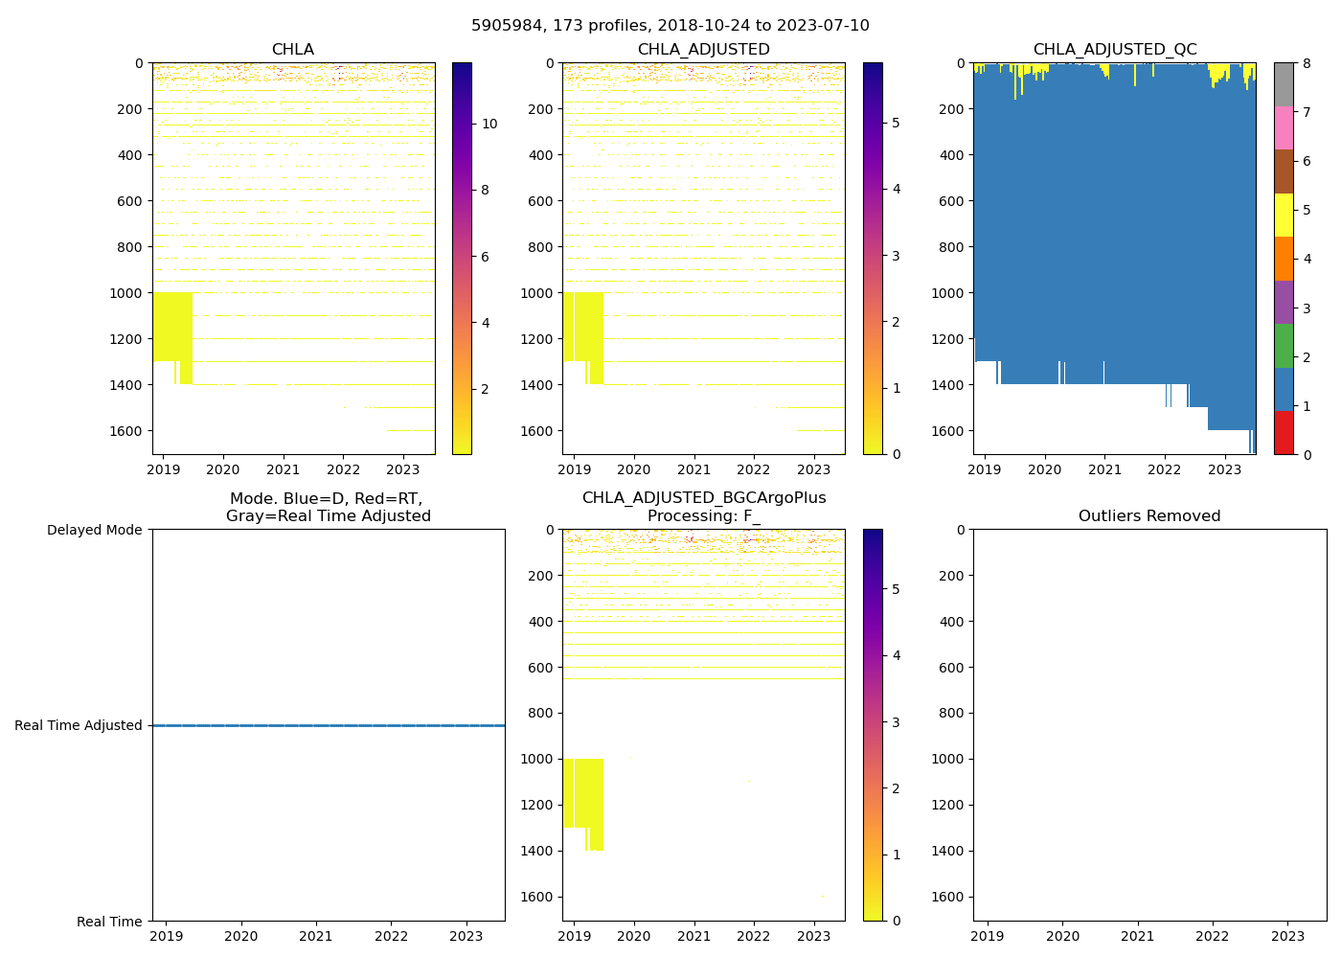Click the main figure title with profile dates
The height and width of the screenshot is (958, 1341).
[x=670, y=26]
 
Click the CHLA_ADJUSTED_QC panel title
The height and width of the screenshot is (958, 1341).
[x=1114, y=50]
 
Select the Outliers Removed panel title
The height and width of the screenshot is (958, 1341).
[x=1148, y=516]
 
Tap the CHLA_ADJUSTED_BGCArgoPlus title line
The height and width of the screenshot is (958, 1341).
[x=703, y=498]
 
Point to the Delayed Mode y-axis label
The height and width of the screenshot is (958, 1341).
[x=94, y=530]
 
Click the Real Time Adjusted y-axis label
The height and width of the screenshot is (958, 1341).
[x=78, y=725]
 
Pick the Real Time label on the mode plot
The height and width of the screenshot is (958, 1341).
[x=109, y=922]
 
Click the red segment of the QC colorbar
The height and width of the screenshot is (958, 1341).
[x=1284, y=432]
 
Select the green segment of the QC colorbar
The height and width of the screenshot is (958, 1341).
[x=1284, y=345]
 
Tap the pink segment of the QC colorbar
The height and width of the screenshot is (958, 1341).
[x=1284, y=127]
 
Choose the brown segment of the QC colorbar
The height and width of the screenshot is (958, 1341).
[x=1284, y=171]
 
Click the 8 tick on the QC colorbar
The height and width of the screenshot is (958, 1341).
[x=1305, y=63]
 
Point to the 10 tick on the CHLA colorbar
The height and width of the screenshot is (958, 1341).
[x=489, y=124]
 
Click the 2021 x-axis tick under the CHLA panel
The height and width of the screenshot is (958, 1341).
[x=283, y=469]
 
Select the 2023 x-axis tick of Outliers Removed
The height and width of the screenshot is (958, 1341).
[x=1287, y=936]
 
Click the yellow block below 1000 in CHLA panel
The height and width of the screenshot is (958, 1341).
[x=171, y=326]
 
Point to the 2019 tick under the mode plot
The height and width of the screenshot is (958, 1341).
[x=167, y=936]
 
